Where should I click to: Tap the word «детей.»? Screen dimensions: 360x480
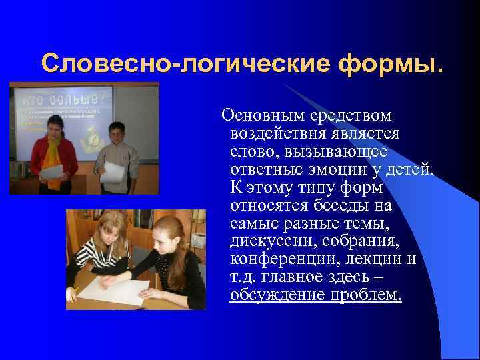[x=407, y=169]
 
